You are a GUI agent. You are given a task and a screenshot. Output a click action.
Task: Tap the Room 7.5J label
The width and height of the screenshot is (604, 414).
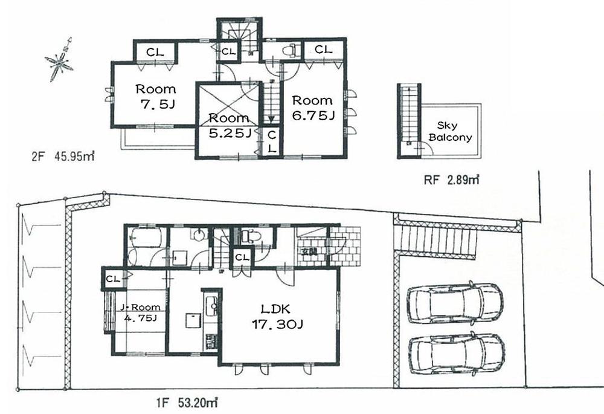155,96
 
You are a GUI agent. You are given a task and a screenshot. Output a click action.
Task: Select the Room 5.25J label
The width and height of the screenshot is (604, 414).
229,125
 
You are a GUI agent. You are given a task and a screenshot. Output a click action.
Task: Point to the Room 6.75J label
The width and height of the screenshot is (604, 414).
313,108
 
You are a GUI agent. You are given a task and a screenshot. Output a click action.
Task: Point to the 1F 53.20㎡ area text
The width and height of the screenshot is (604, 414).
181,400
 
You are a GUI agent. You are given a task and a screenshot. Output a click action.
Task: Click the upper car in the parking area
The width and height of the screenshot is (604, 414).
455,303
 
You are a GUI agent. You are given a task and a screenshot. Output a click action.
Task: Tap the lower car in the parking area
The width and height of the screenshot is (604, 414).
457,354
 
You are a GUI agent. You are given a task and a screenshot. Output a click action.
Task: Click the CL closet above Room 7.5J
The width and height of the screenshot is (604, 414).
155,51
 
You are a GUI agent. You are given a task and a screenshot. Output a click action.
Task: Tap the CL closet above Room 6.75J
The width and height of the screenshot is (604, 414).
323,50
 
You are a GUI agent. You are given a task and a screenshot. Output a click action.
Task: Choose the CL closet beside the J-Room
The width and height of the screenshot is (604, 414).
112,279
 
